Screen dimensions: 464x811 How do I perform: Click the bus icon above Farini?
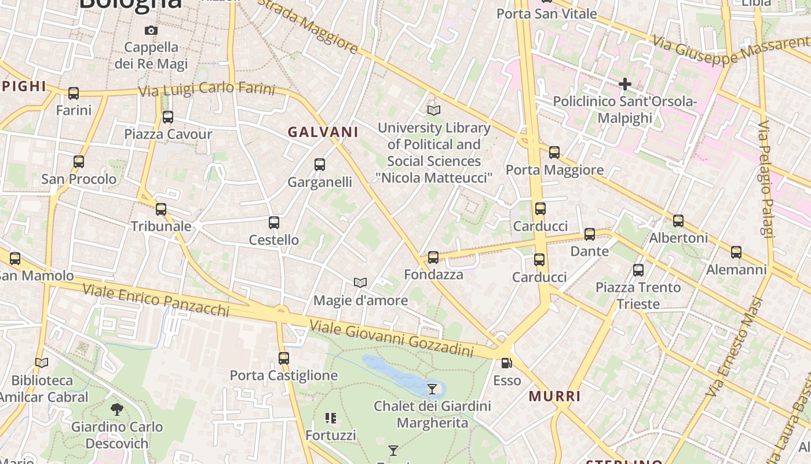[x=74, y=93]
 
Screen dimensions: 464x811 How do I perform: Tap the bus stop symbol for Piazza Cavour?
[x=168, y=117]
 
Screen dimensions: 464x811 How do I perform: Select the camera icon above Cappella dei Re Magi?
[x=151, y=30]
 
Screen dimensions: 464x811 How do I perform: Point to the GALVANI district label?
[x=323, y=132]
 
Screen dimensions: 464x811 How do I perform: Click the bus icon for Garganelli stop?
[x=320, y=165]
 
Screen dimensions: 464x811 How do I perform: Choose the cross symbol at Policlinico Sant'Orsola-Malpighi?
[x=624, y=84]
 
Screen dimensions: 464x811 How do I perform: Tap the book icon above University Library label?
[x=433, y=110]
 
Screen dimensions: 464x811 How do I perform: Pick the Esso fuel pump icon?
[x=507, y=363]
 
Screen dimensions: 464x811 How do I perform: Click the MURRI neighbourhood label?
[x=554, y=397]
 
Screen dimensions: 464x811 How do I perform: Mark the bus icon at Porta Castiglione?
[x=283, y=358]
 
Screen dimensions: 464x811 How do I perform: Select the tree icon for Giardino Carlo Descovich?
[x=117, y=409]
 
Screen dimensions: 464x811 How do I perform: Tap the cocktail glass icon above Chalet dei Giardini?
[x=432, y=389]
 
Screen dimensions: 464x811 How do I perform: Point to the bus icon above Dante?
[x=590, y=234]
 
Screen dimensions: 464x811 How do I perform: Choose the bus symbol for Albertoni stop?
[x=678, y=221]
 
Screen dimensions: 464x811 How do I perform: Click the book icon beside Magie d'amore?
[x=360, y=282]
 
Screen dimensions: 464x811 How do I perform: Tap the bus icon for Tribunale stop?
[x=161, y=209]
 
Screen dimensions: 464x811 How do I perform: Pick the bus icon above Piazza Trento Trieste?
[x=638, y=270]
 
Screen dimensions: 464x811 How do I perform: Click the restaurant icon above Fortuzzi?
[x=331, y=418]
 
